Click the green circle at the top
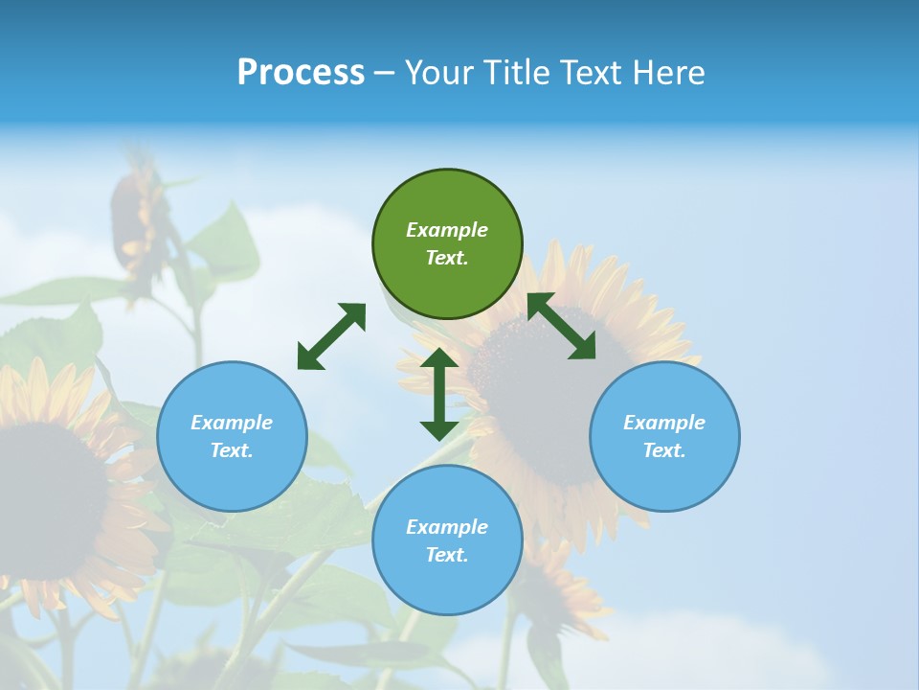[x=447, y=243]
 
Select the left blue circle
[x=232, y=436]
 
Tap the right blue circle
[x=664, y=436]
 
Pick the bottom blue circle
[x=447, y=540]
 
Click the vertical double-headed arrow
[x=439, y=394]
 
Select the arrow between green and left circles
[x=331, y=336]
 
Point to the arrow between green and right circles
[x=562, y=326]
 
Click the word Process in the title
[x=301, y=73]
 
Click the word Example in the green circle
[x=447, y=230]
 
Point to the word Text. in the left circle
[x=232, y=450]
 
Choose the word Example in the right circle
[x=664, y=423]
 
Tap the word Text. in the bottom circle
[x=447, y=555]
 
